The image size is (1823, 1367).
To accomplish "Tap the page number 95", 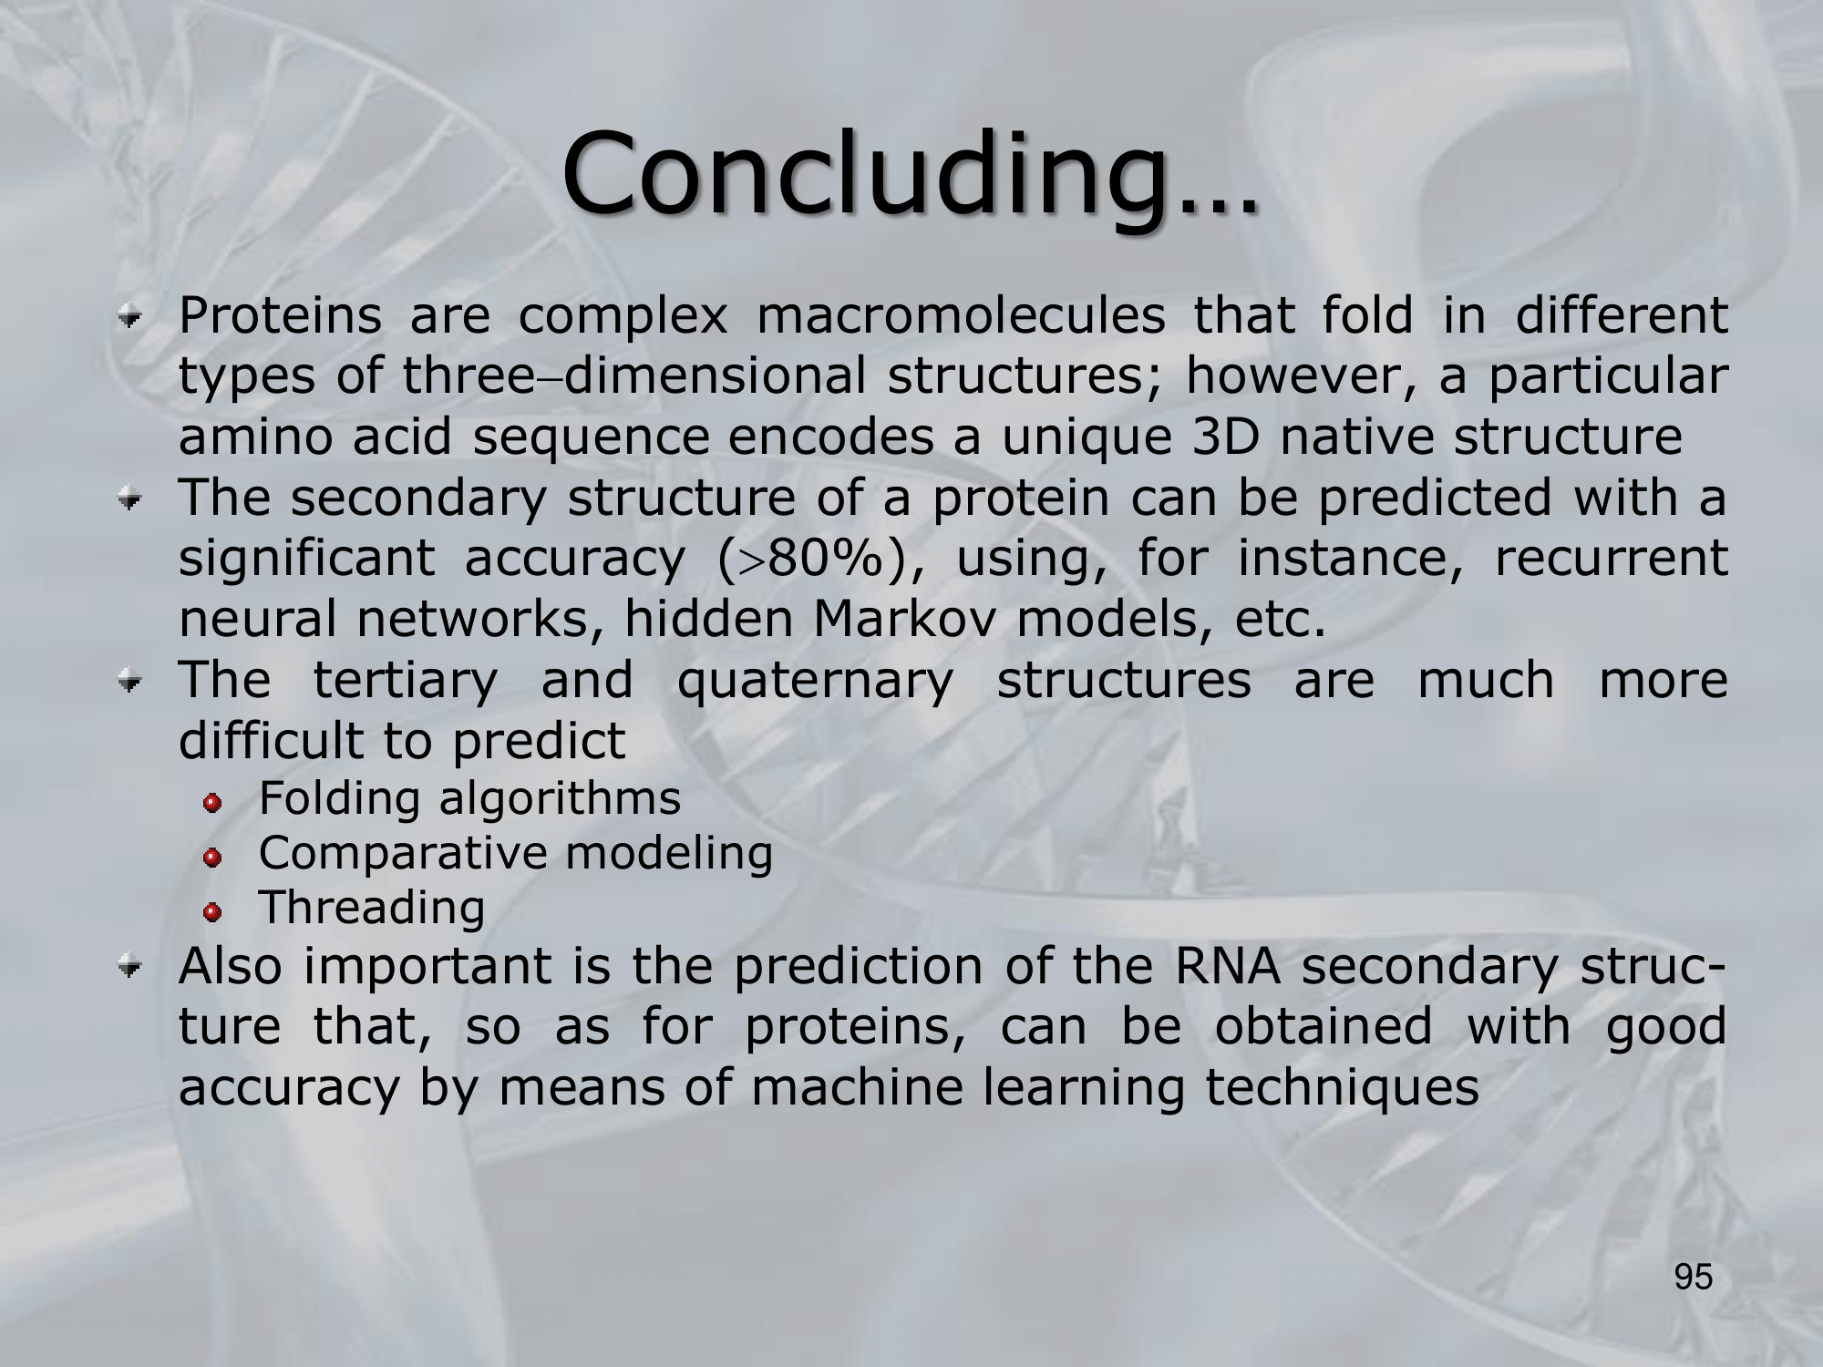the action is coord(1694,1278).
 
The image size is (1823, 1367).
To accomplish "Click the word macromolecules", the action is coord(961,315).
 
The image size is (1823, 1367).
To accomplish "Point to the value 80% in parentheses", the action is coord(826,558).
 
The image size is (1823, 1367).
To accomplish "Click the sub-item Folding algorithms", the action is coord(469,799).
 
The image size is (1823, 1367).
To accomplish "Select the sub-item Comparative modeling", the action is coord(516,854).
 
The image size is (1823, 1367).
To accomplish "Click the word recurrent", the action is coord(1612,558).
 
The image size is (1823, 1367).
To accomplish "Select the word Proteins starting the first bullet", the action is coord(280,315).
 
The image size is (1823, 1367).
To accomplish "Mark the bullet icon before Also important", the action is coord(133,968).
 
